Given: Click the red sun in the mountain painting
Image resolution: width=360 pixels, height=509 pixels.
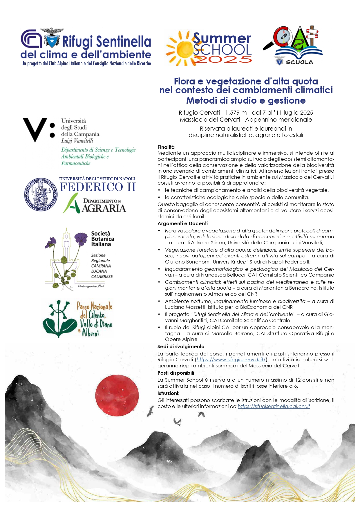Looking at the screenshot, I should [117, 395].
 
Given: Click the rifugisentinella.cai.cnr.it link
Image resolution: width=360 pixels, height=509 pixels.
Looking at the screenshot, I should [274, 406].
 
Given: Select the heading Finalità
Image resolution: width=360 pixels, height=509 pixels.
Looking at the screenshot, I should [166, 147].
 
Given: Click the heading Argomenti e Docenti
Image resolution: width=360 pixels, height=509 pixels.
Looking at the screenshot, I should [182, 223].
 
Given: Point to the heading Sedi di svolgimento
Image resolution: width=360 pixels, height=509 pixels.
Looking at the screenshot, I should [181, 346].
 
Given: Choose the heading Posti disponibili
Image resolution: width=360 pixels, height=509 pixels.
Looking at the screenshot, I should [176, 373].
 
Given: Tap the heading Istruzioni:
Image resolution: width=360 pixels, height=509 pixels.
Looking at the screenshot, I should [168, 393].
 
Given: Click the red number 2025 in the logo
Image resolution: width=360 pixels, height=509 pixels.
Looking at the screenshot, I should [222, 59].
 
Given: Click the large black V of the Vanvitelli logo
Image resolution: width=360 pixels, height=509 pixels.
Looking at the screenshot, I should [35, 129].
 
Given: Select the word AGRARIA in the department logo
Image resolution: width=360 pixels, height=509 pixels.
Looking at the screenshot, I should [104, 208].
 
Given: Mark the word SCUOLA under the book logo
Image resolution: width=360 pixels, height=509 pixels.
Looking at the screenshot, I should [299, 62].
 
